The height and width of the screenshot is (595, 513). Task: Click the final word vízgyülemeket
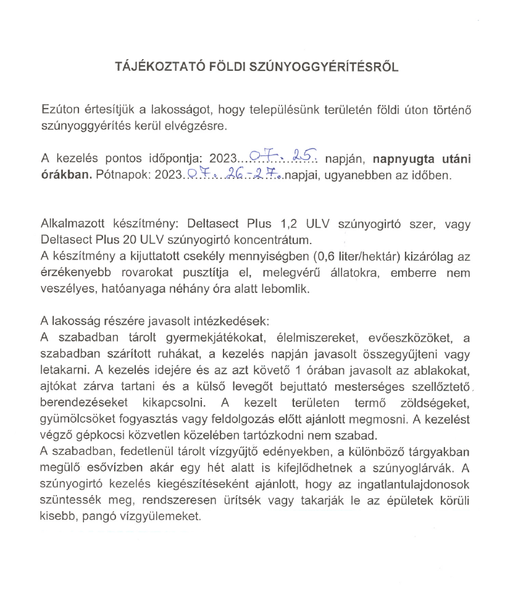(x=169, y=516)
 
